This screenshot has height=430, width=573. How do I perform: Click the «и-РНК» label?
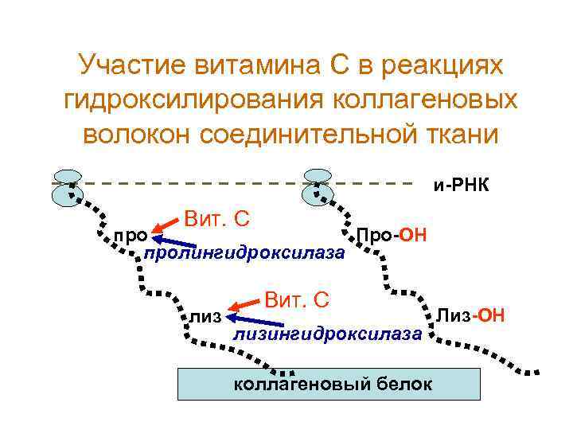pos(460,185)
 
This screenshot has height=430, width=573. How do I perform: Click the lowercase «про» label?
pos(130,236)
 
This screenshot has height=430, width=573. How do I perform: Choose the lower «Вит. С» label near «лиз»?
pos(297,300)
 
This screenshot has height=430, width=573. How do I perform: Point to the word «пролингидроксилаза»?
pos(243,253)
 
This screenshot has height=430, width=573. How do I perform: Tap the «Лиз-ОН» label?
pos(470,316)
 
